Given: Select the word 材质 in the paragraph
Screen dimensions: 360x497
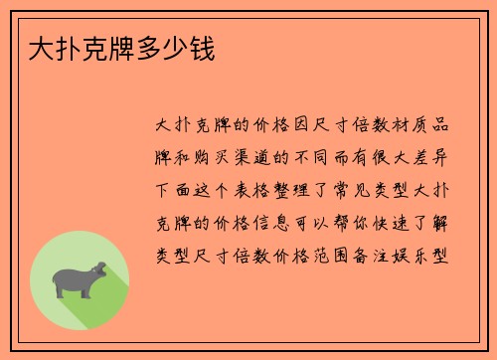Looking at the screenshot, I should click(401, 126).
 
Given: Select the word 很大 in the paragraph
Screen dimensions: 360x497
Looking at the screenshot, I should click(401, 157).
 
